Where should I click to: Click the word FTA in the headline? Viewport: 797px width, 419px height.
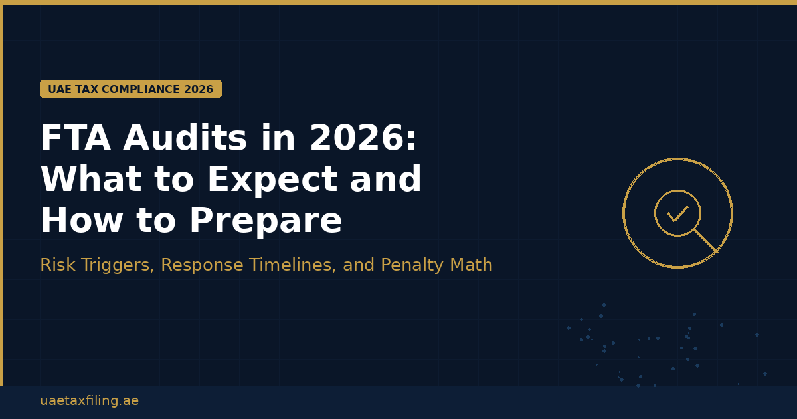click(76, 139)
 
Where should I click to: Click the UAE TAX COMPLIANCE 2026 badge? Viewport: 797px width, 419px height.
click(131, 89)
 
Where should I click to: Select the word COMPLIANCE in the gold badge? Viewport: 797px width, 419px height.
click(141, 89)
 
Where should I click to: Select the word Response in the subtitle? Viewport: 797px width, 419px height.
click(202, 265)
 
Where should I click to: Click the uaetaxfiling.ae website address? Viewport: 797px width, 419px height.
click(89, 401)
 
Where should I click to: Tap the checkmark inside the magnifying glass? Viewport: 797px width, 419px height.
click(677, 214)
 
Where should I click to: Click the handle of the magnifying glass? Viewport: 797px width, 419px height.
click(705, 241)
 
